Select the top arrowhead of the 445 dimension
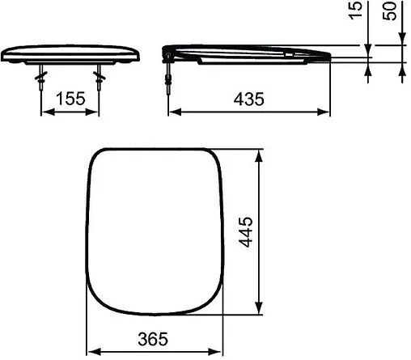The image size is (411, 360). coord(259,153)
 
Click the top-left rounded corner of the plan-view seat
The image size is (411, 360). coord(97,158)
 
